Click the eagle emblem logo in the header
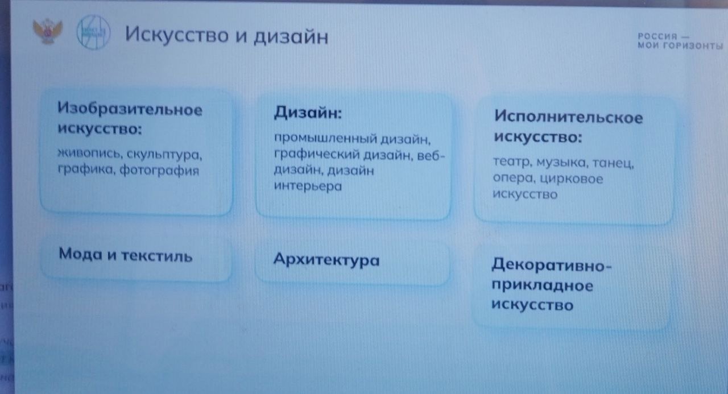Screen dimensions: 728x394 coord(48,31)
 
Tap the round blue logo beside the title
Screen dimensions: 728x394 coord(93,32)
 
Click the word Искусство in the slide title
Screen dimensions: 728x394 coord(177,35)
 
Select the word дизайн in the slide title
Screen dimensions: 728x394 coord(291,36)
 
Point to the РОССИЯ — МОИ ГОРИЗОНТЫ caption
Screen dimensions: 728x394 coord(680,42)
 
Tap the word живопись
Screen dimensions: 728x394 coord(90,154)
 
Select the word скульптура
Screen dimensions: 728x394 coord(164,155)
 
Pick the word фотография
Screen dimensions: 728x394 coord(159,171)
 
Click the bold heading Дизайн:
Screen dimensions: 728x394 coord(308,113)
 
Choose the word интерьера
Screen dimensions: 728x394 coord(308,186)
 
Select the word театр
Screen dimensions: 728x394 coord(512,162)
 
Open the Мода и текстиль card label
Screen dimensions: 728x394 coord(126,255)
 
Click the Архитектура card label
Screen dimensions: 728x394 coord(326,260)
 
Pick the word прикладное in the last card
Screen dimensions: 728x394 coord(542,286)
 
